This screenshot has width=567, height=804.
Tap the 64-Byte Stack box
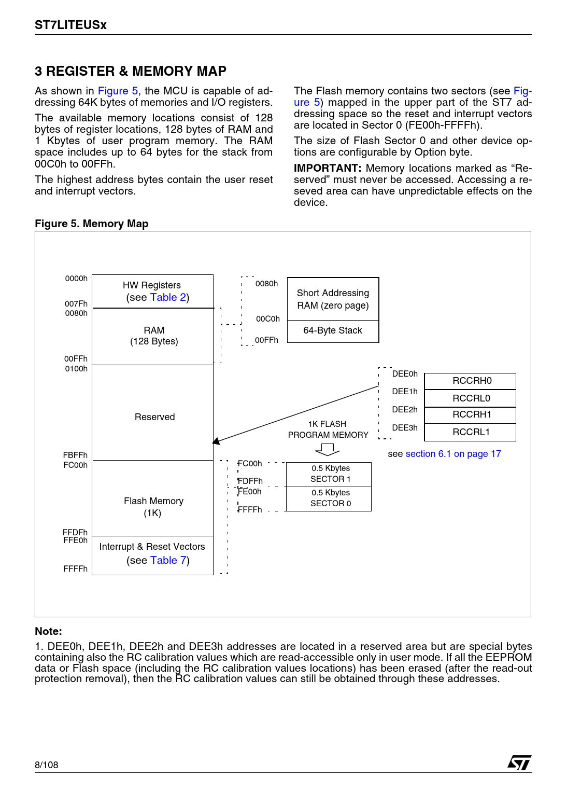click(333, 331)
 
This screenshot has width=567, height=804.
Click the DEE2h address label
click(404, 410)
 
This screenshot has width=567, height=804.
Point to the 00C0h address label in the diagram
click(267, 319)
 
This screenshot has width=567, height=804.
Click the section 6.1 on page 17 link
click(453, 454)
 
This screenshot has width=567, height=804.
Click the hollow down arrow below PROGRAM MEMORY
click(328, 449)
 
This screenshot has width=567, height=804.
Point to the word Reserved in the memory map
click(154, 417)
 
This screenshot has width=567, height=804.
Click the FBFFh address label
click(75, 455)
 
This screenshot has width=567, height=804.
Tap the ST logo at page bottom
click(519, 763)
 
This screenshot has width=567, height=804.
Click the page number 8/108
click(47, 765)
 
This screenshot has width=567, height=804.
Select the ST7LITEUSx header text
click(70, 25)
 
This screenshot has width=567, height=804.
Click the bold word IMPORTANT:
click(327, 169)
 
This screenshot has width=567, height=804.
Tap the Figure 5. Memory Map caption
click(92, 224)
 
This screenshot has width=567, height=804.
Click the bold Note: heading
click(48, 631)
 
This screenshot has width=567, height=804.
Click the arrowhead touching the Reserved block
click(216, 441)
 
